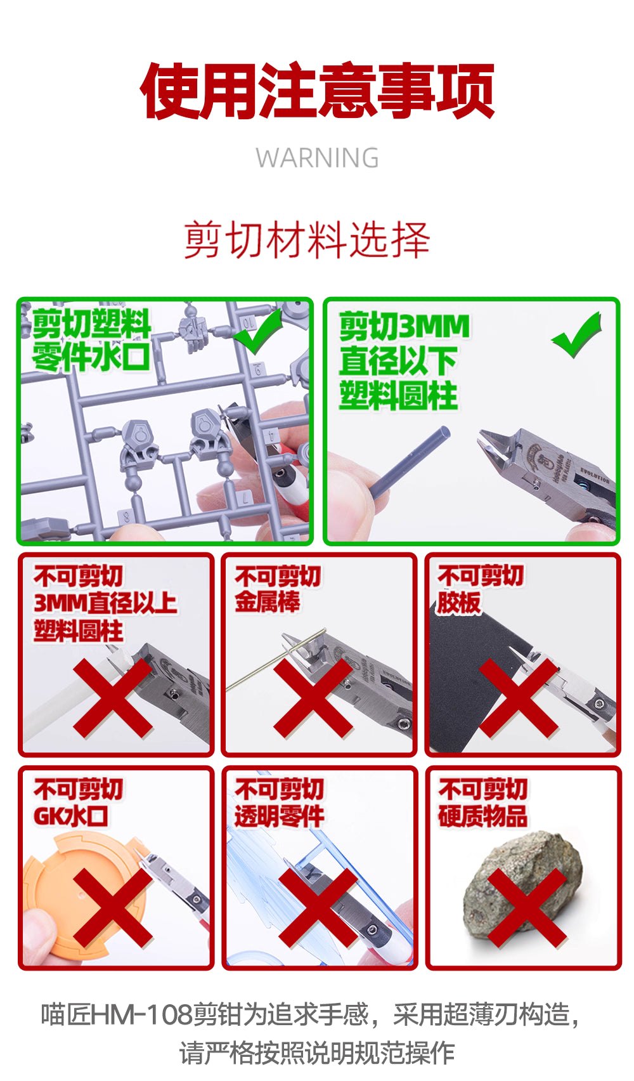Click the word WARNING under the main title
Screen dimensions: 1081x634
tap(317, 157)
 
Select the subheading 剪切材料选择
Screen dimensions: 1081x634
tap(307, 240)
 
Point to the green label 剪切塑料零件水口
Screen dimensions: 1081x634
tap(91, 340)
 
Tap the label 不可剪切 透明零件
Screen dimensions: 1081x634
tap(279, 803)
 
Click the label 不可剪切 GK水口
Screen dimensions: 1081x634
tap(77, 803)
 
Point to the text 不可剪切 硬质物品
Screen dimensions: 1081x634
tap(482, 803)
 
